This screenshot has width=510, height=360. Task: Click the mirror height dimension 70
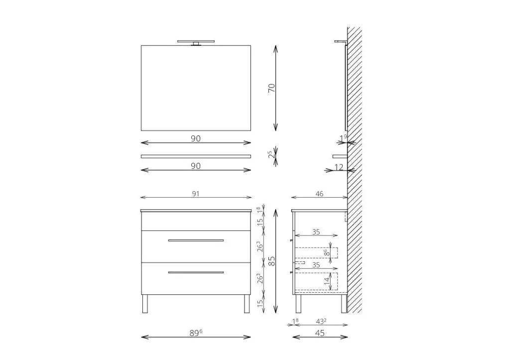click(x=271, y=88)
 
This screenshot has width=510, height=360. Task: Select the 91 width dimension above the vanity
click(x=195, y=194)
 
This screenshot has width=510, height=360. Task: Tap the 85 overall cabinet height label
click(x=271, y=261)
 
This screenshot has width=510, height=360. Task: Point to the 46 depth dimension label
click(x=319, y=194)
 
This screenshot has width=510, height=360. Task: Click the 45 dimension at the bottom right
click(x=320, y=333)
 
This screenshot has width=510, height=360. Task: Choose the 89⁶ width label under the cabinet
click(x=196, y=333)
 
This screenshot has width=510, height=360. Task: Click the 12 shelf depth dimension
click(x=339, y=167)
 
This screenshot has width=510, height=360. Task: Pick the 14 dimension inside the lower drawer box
click(x=327, y=281)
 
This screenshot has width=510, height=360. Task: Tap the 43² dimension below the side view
click(x=321, y=321)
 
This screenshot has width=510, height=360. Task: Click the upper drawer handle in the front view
click(x=196, y=240)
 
